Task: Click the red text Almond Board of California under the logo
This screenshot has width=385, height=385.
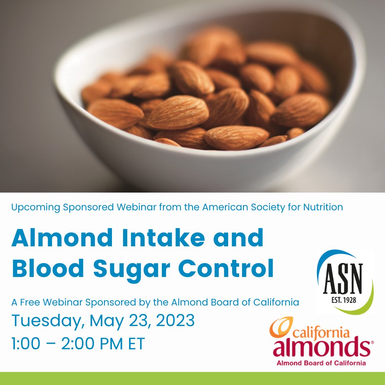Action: tap(321, 363)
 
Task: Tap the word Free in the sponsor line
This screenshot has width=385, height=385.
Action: tap(30, 303)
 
